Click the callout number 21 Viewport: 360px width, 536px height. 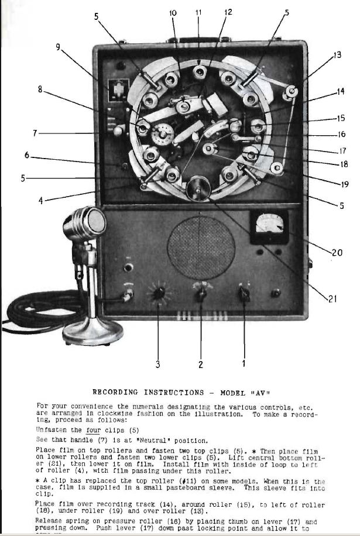click(332, 299)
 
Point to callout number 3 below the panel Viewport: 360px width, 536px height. click(157, 365)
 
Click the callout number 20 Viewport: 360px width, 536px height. click(337, 253)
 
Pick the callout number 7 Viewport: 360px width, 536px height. click(35, 133)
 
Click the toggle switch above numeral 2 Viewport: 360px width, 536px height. click(201, 293)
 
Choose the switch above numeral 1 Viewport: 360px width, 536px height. click(243, 291)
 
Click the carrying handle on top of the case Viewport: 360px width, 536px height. click(199, 37)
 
